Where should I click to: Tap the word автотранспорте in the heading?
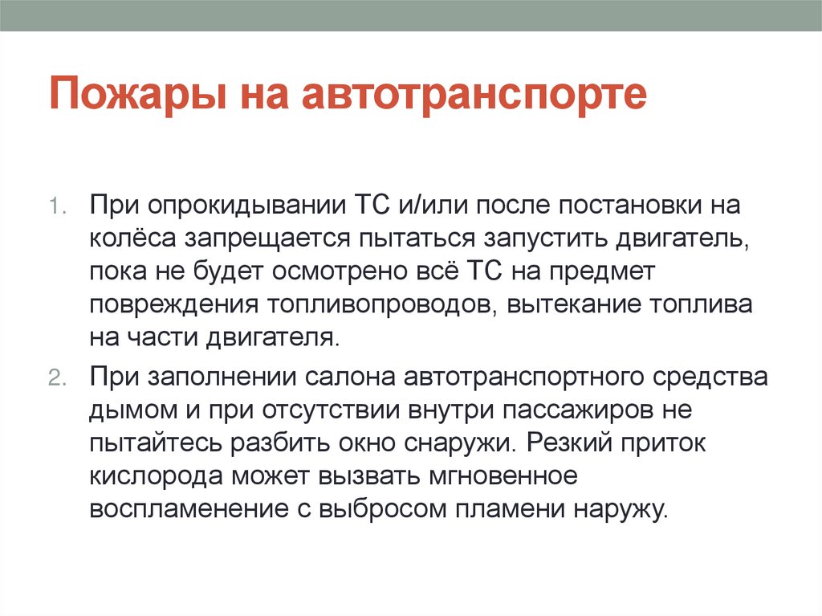coord(474,95)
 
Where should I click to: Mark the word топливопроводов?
coord(376,304)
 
